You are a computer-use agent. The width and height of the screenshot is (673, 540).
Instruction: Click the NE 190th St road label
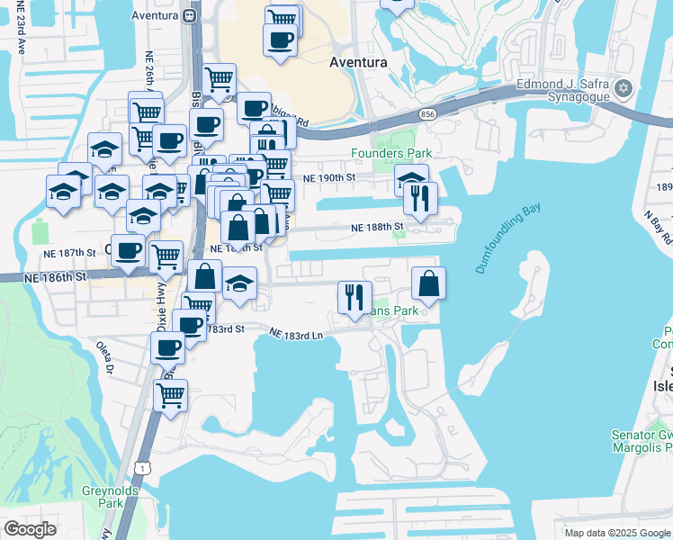pyautogui.click(x=327, y=178)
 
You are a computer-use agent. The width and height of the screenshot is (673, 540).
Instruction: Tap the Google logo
pyautogui.click(x=30, y=529)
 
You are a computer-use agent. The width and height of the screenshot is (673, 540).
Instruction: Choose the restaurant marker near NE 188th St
pyautogui.click(x=420, y=198)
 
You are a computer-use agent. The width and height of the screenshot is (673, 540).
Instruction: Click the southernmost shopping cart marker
pyautogui.click(x=170, y=394)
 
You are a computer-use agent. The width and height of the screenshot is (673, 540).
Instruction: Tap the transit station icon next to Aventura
pyautogui.click(x=190, y=15)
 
